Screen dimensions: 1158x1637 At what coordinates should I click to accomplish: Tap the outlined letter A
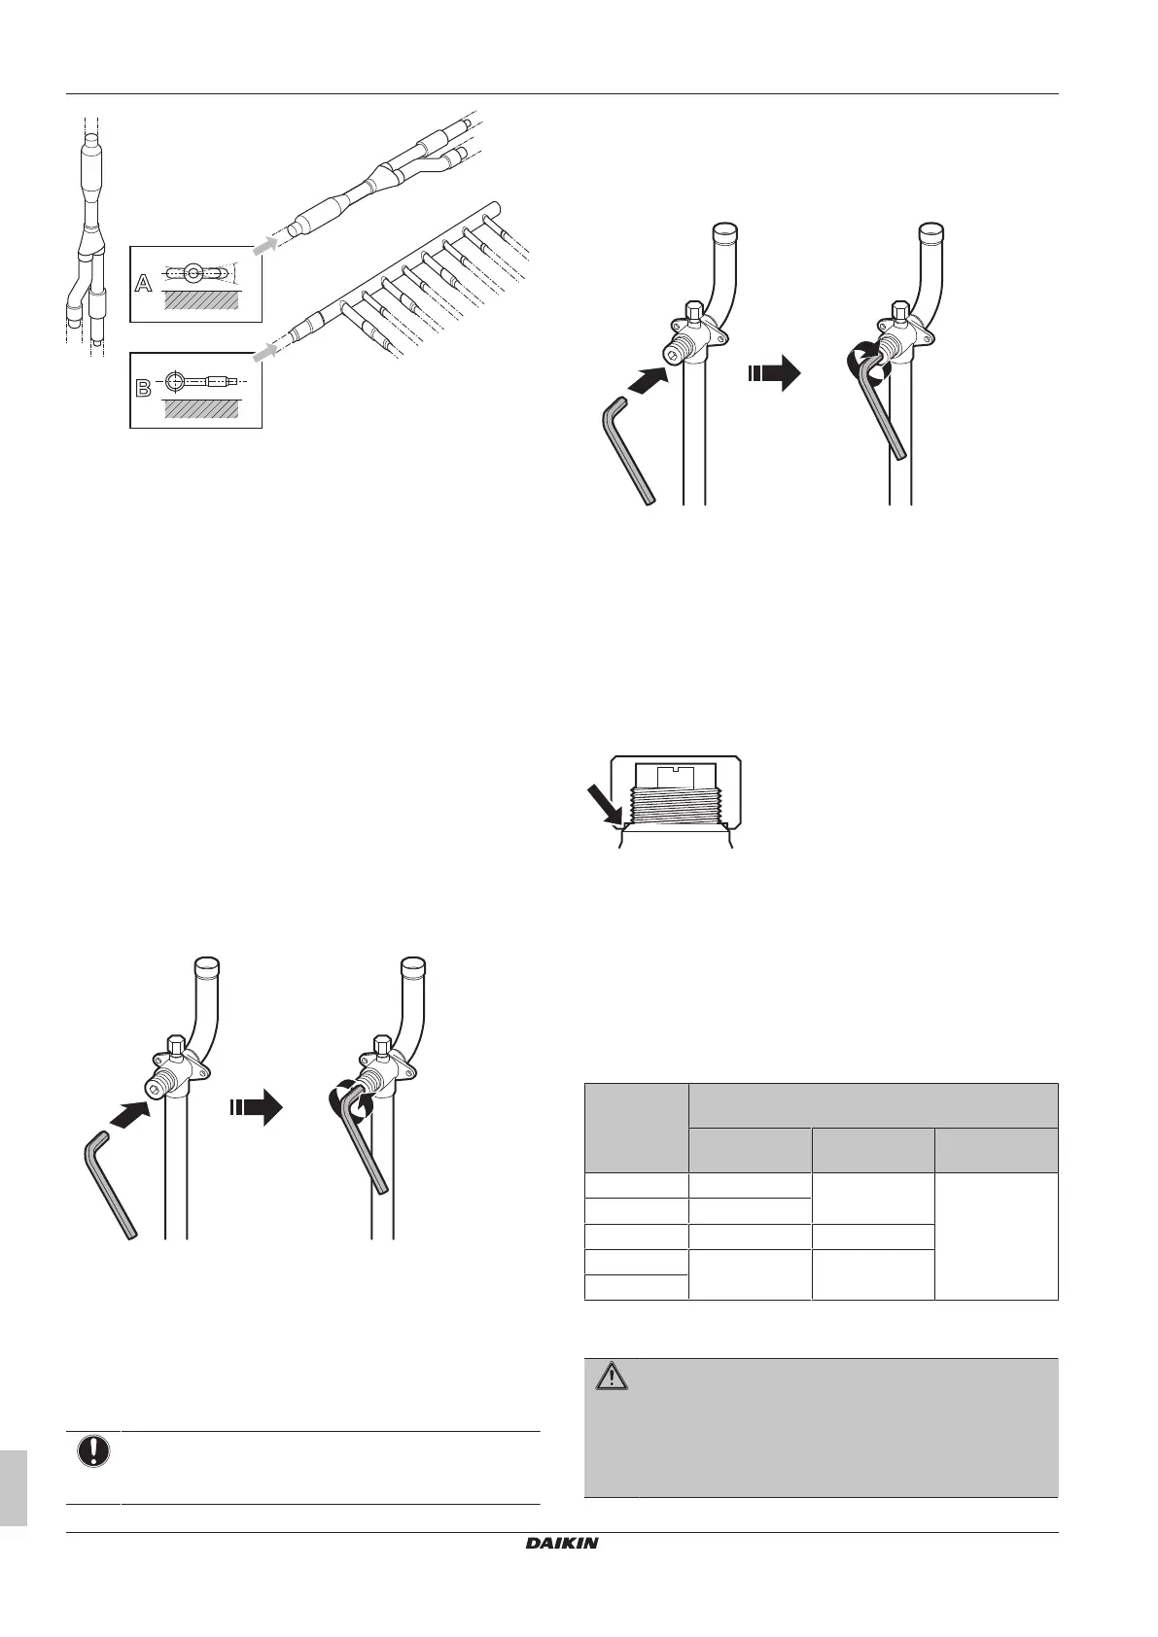[x=143, y=284]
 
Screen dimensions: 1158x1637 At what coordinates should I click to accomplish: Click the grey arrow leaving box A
[x=263, y=246]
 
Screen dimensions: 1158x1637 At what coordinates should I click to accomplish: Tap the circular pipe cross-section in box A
[x=193, y=273]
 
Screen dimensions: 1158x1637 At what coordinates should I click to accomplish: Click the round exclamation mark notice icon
[x=93, y=1452]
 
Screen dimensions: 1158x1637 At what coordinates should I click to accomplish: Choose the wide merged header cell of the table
[x=872, y=1104]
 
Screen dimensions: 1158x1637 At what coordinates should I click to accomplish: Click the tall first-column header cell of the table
[x=636, y=1127]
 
